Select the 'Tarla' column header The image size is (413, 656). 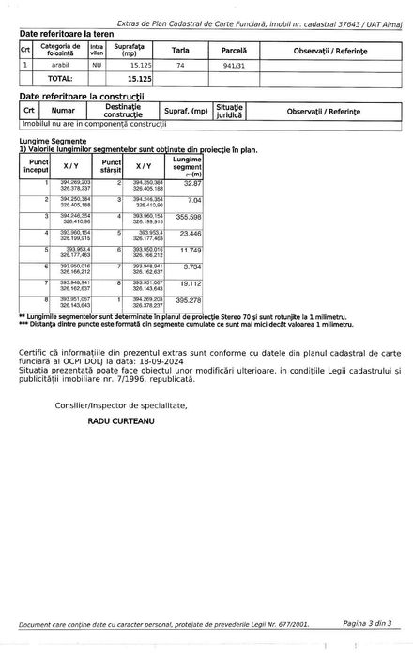pos(179,49)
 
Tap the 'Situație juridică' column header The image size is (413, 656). pos(228,111)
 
